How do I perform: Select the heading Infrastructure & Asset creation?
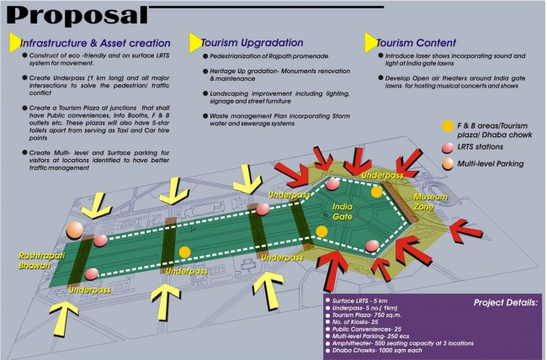(95, 42)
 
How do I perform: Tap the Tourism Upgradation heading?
(257, 42)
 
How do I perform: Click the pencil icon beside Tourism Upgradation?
(194, 41)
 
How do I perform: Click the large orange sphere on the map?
(77, 229)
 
